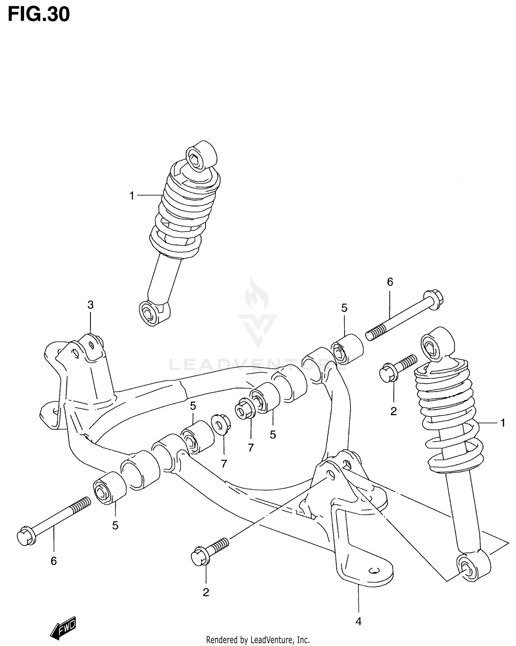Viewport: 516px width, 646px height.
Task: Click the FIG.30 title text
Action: pyautogui.click(x=39, y=14)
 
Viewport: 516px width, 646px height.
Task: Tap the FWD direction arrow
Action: pyautogui.click(x=63, y=626)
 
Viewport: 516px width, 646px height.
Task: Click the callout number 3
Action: pyautogui.click(x=90, y=305)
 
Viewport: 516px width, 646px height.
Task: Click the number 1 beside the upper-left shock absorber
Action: pyautogui.click(x=132, y=196)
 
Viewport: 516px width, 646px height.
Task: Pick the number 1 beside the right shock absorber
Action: pyautogui.click(x=503, y=423)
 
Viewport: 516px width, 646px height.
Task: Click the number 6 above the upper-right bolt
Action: pyautogui.click(x=390, y=282)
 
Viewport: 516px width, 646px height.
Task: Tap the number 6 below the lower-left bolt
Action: pyautogui.click(x=54, y=561)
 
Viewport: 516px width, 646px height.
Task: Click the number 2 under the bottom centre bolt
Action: pyautogui.click(x=206, y=592)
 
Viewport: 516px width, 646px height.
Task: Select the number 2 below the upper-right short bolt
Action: pyautogui.click(x=394, y=411)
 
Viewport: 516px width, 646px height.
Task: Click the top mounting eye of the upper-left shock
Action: pyautogui.click(x=201, y=155)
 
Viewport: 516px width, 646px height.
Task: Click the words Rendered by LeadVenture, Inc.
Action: pyautogui.click(x=258, y=640)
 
